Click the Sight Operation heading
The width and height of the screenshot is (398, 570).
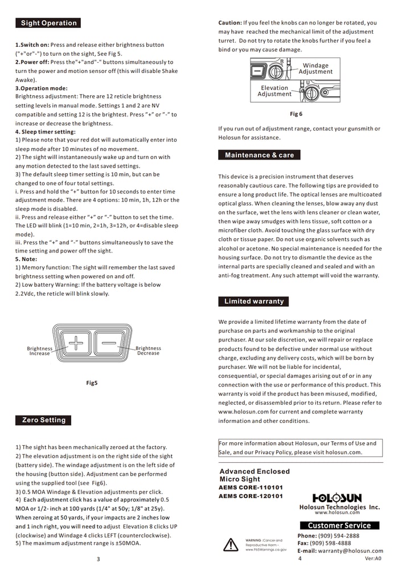pos(48,23)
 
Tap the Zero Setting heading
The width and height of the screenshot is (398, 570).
pos(44,420)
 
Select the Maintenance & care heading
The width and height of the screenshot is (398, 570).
pos(259,155)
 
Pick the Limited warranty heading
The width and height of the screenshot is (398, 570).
pos(253,301)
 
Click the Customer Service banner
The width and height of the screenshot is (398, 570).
pos(339,526)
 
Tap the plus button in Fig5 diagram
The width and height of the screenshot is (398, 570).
pos(75,344)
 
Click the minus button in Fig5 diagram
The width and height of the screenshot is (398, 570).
pos(111,344)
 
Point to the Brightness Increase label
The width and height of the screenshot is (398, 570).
pos(39,351)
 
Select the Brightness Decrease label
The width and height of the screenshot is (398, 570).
pos(148,351)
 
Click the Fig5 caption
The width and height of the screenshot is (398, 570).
pos(92,383)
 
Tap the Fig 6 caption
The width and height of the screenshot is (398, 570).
pos(296,114)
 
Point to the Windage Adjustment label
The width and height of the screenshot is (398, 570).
pos(315,69)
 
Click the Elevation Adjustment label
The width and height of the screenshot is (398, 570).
pos(274,91)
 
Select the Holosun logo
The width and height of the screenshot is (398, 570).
pos(337,498)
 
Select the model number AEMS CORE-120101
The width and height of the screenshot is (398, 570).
pos(251,496)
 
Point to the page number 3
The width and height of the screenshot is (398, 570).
pos(99,559)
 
